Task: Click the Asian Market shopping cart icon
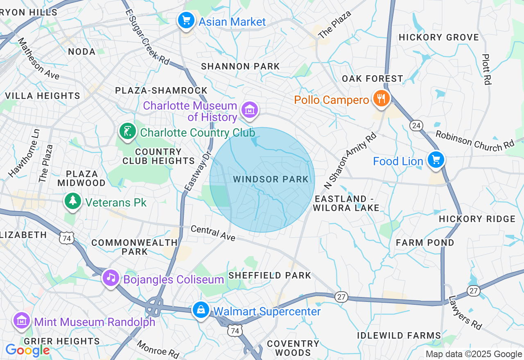pyautogui.click(x=186, y=20)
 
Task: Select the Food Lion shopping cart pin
pyautogui.click(x=436, y=160)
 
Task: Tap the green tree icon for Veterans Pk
pyautogui.click(x=72, y=201)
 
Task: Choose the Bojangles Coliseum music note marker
pyautogui.click(x=111, y=278)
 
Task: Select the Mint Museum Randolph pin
pyautogui.click(x=22, y=321)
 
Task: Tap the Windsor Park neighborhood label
pyautogui.click(x=271, y=179)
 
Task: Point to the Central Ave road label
pyautogui.click(x=213, y=233)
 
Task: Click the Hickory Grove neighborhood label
pyautogui.click(x=438, y=37)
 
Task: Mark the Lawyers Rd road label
pyautogui.click(x=465, y=313)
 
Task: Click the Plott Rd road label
pyautogui.click(x=486, y=69)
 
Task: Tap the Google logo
pyautogui.click(x=27, y=350)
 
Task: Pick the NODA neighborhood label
pyautogui.click(x=82, y=52)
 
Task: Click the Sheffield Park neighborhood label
pyautogui.click(x=270, y=275)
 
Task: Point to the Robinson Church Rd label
pyautogui.click(x=474, y=139)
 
